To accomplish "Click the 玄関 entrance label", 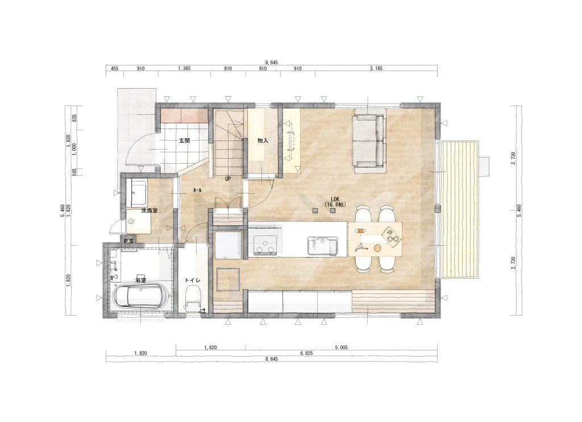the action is point(185,141).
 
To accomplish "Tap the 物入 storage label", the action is point(263,141).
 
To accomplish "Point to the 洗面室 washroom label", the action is point(149,210).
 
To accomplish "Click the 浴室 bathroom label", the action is point(140,280).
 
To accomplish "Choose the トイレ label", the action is point(193,280).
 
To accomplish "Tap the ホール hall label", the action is point(197,190).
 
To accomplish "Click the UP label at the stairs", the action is point(228,179).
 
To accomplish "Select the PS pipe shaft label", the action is point(129,241).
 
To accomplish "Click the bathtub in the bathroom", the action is point(141,296).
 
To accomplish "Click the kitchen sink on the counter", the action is point(323,246).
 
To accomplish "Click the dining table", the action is point(375,239).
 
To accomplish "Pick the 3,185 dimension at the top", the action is point(376,68).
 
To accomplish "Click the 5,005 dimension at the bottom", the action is point(341,347).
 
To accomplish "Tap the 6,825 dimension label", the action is point(306,353).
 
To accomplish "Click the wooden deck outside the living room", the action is point(460,209).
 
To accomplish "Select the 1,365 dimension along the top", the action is point(185,68).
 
